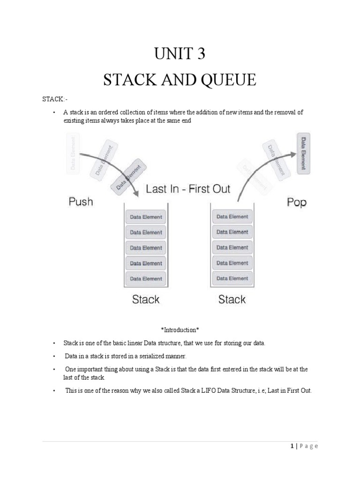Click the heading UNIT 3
click(180, 55)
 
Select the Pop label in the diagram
click(296, 203)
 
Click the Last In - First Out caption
click(188, 189)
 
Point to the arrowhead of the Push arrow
click(135, 195)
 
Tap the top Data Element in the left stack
click(145, 217)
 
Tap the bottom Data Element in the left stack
click(145, 279)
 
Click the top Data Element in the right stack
click(232, 217)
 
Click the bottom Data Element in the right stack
click(232, 278)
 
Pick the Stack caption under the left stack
click(146, 299)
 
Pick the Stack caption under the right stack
click(232, 299)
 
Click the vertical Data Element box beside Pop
click(304, 153)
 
